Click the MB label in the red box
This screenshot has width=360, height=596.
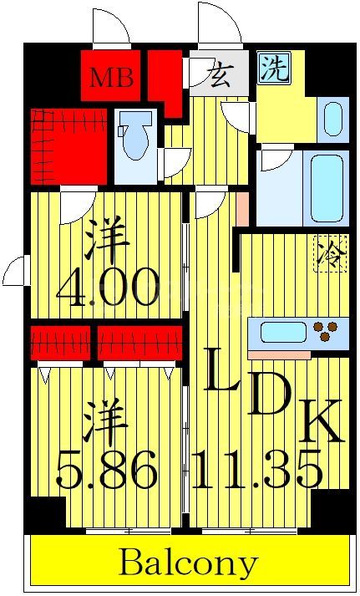click(111, 78)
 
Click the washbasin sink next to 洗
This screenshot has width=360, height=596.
click(332, 118)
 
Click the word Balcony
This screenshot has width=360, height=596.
click(188, 563)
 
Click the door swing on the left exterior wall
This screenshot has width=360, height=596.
click(15, 272)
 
